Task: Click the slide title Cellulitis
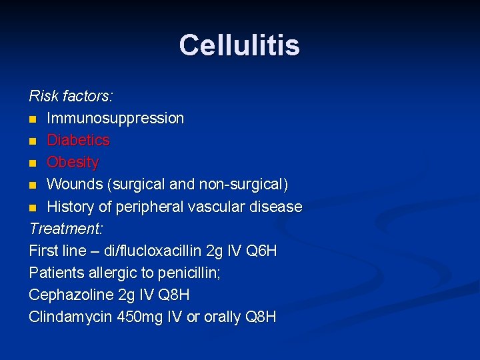point(239,45)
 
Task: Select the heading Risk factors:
point(71,96)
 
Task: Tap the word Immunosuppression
point(115,118)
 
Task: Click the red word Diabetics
point(78,140)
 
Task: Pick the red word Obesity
point(73,162)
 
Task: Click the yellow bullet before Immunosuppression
point(33,119)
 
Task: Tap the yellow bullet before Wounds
point(33,185)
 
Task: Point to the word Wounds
point(73,184)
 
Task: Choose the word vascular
point(218,207)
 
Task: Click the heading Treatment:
point(66,229)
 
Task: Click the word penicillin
point(183,273)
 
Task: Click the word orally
point(222,317)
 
